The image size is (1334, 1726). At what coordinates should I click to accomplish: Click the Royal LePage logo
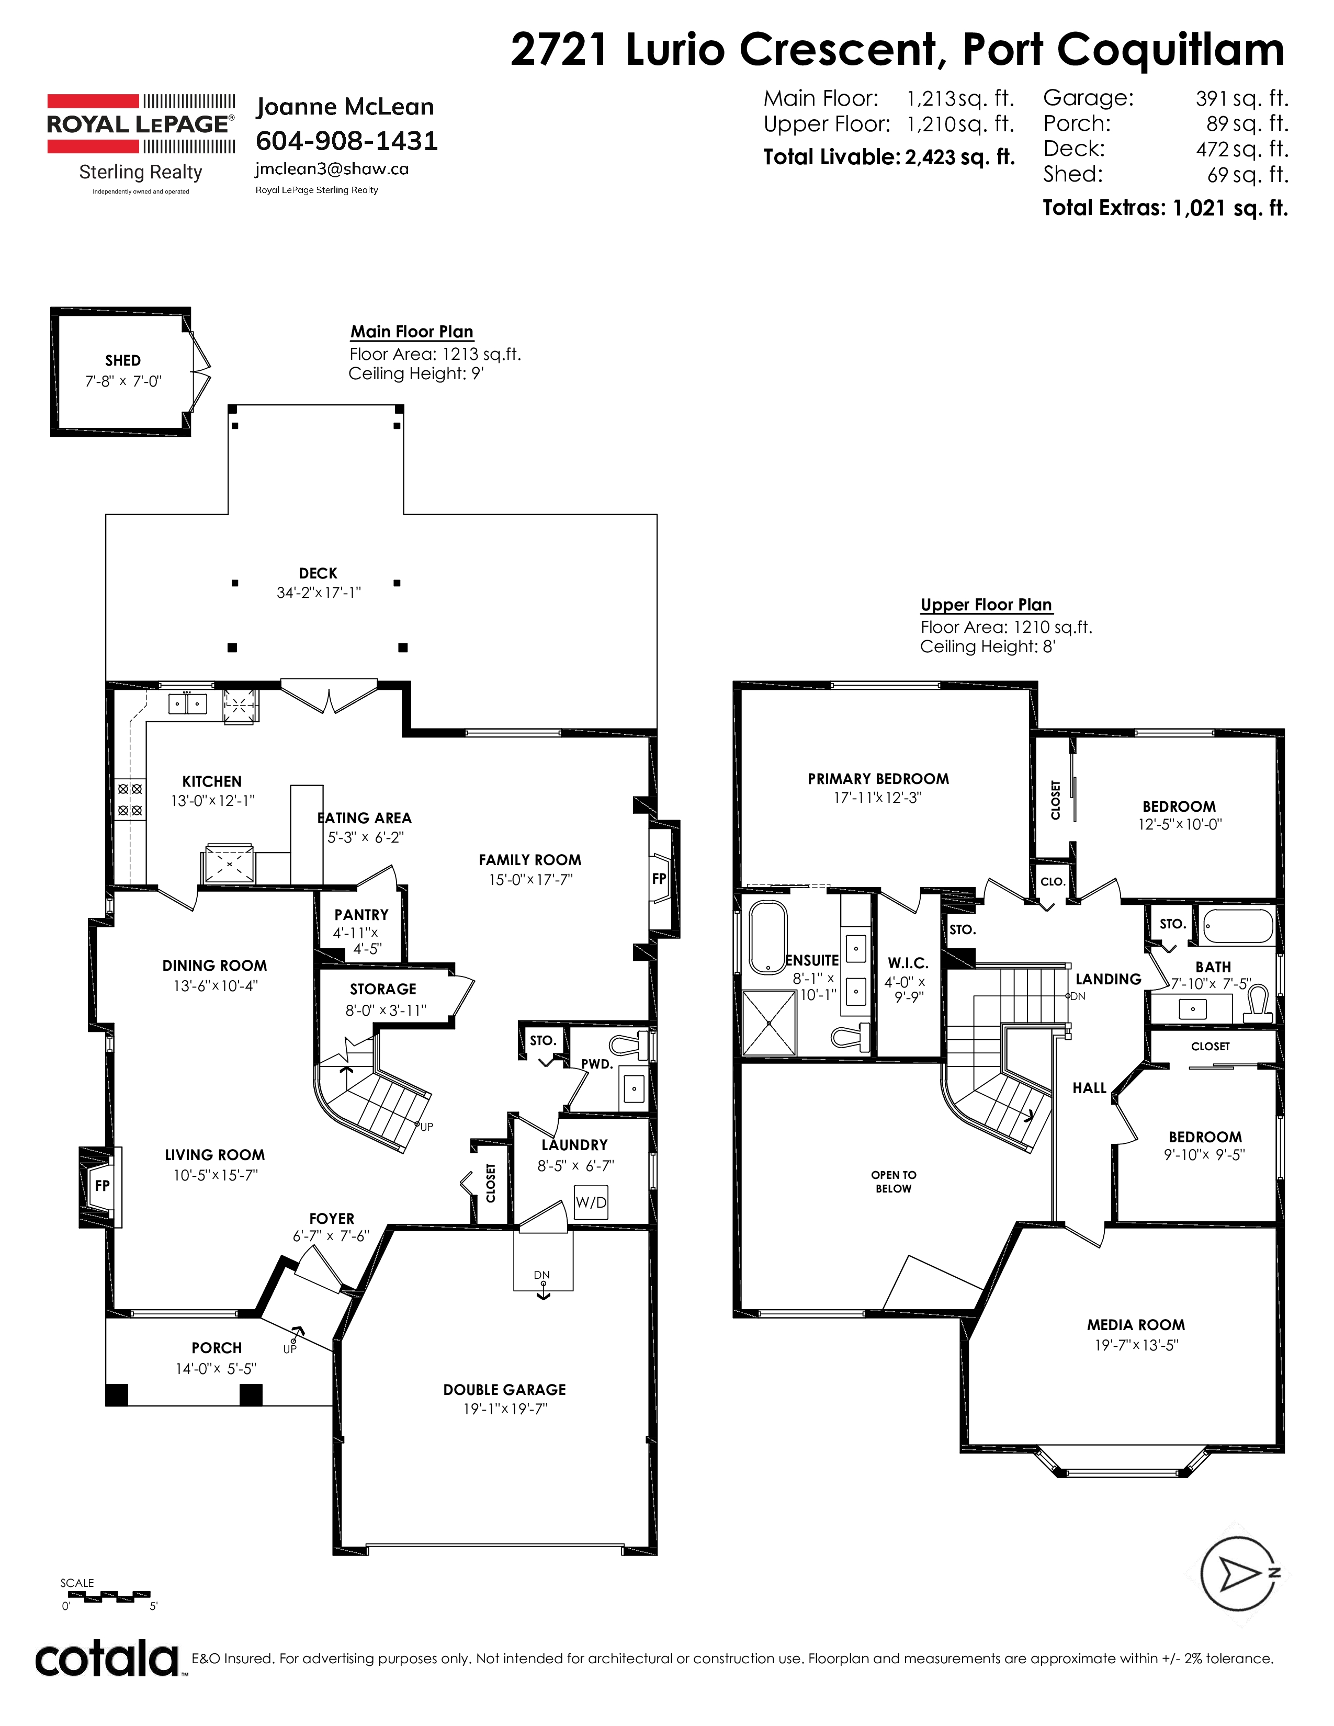pyautogui.click(x=141, y=124)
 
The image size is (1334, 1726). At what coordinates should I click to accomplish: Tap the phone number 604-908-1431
pyautogui.click(x=346, y=141)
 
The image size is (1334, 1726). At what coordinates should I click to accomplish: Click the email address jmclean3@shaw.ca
pyautogui.click(x=331, y=169)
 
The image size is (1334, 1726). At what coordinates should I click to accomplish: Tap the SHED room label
pyautogui.click(x=122, y=360)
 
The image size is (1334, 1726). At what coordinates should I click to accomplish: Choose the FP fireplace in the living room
pyautogui.click(x=101, y=1185)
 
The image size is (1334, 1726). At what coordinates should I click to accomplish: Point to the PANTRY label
pyautogui.click(x=361, y=914)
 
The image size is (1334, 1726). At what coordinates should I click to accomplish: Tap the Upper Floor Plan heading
pyautogui.click(x=986, y=605)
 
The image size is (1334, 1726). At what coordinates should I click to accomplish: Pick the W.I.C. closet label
pyautogui.click(x=907, y=963)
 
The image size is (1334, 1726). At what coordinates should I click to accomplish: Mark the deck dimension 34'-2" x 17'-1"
pyautogui.click(x=319, y=593)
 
